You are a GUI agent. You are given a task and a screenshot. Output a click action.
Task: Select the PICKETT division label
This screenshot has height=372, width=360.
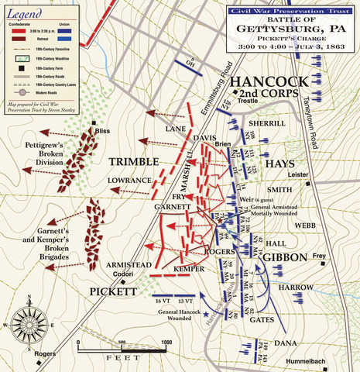click(x=112, y=291)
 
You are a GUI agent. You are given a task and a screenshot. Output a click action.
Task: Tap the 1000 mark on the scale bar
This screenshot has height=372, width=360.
click(x=166, y=341)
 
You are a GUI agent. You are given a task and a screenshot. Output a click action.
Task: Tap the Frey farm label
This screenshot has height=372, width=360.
click(x=320, y=256)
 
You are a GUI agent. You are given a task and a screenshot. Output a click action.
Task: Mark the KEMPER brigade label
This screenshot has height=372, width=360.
click(x=187, y=267)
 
